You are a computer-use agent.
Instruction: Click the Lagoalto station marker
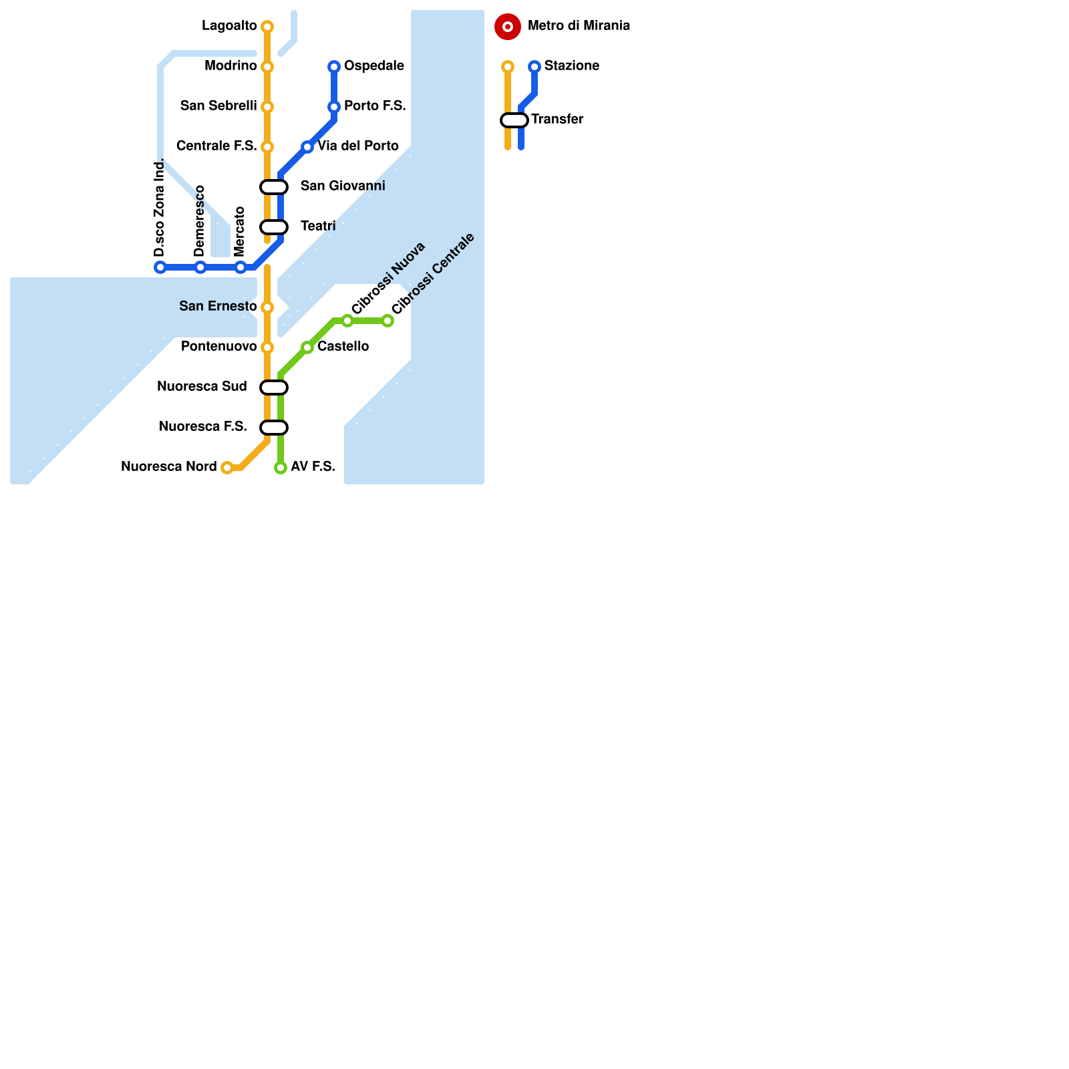tap(267, 27)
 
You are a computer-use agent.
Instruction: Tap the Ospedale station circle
tap(334, 67)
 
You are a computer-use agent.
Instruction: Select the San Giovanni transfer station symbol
tap(274, 187)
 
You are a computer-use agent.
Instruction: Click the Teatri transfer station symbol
tap(274, 227)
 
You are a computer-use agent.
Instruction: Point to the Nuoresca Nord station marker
tap(227, 468)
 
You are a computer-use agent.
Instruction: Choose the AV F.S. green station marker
tap(281, 468)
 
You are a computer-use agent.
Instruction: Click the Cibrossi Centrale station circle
tap(388, 321)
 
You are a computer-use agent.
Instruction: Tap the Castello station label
tap(343, 347)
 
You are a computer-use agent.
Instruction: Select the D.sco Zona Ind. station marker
tap(160, 267)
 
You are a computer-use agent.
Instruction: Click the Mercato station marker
tap(241, 267)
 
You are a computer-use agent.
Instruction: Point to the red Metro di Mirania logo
tap(508, 27)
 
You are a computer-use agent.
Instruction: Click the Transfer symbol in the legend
tap(514, 120)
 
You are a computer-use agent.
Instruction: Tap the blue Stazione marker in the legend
tap(534, 67)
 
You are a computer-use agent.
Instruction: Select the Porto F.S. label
tap(375, 106)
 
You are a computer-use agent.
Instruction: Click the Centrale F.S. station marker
tap(267, 147)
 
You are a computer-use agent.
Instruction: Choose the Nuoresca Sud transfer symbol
tap(274, 388)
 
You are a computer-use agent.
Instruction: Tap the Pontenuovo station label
tap(218, 347)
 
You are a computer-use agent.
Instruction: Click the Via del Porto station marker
tap(307, 147)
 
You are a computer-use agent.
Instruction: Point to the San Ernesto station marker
tap(267, 307)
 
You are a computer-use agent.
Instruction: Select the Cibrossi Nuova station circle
tap(347, 321)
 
